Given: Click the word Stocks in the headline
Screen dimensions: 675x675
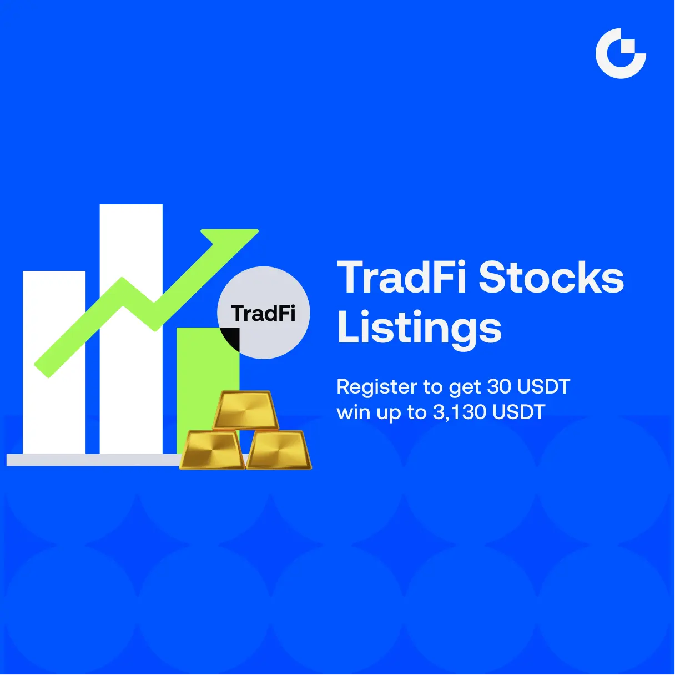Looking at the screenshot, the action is (x=551, y=278).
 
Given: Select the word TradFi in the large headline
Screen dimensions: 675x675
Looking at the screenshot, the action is (x=401, y=278).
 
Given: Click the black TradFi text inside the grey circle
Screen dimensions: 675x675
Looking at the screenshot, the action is (x=263, y=313).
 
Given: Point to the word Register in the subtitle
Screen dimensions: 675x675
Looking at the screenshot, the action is (x=377, y=387).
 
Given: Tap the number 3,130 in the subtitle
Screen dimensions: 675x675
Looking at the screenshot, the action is (x=460, y=412).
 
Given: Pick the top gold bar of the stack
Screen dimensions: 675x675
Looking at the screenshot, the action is (x=245, y=410).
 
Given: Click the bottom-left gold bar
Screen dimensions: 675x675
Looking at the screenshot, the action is (x=212, y=450).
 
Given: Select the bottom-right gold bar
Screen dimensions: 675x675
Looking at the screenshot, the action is (x=279, y=450).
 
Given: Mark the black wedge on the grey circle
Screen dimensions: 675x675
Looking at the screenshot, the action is (x=233, y=337).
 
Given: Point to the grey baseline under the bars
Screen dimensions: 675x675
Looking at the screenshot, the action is (x=94, y=460).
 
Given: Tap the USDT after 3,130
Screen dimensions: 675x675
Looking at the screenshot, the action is (x=519, y=412).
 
